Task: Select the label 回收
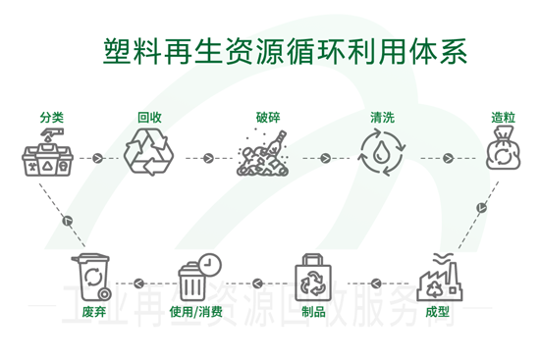pyautogui.click(x=149, y=118)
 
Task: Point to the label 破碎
pyautogui.click(x=267, y=118)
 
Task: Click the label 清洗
pyautogui.click(x=382, y=118)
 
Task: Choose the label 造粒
pyautogui.click(x=503, y=118)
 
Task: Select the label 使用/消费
pyautogui.click(x=195, y=312)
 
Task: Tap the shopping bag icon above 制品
pyautogui.click(x=314, y=277)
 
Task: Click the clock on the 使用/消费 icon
pyautogui.click(x=208, y=263)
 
